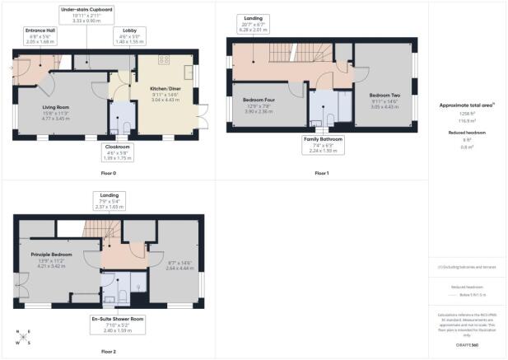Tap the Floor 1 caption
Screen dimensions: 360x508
point(322,174)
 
